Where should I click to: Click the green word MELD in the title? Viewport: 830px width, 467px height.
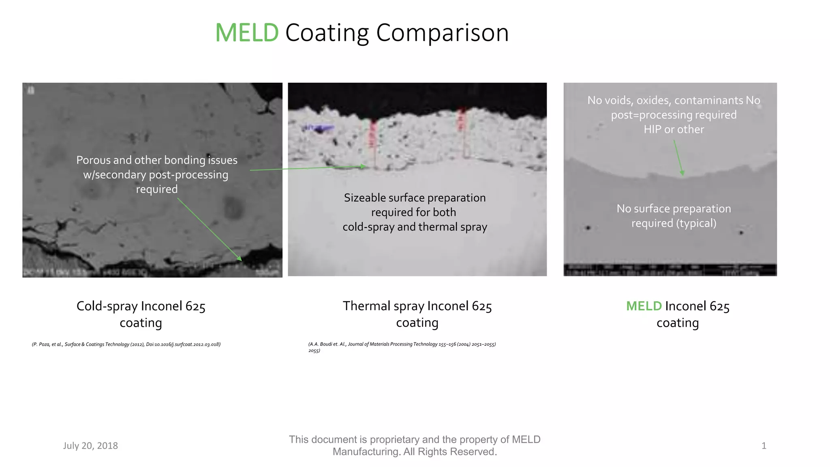click(246, 33)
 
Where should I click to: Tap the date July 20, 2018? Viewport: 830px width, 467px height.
click(90, 446)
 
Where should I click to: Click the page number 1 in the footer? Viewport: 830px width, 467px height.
click(764, 446)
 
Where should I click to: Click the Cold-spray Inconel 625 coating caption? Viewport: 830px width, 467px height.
click(141, 314)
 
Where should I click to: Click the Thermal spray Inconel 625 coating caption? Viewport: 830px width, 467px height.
click(417, 314)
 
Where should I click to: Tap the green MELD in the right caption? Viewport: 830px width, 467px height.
click(644, 306)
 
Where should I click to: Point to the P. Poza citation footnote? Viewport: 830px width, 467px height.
click(126, 344)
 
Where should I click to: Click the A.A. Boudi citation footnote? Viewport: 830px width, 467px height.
click(402, 344)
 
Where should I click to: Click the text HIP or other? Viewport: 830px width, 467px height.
click(674, 129)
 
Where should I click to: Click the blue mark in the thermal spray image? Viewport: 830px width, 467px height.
click(320, 129)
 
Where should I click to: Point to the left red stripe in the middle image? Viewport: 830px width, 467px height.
click(373, 134)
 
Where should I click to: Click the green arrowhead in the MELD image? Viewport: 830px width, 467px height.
click(682, 173)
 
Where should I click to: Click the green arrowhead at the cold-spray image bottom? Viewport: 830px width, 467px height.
click(239, 258)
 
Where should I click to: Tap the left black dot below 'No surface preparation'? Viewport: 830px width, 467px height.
click(588, 228)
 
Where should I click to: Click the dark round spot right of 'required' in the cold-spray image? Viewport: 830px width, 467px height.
click(233, 208)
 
